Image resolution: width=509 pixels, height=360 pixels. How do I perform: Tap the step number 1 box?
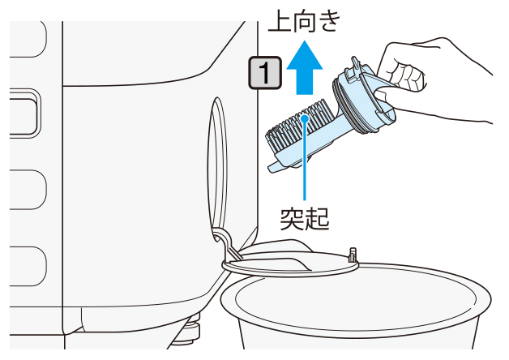tap(265, 73)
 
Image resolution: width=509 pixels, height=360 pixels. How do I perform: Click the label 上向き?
tap(304, 22)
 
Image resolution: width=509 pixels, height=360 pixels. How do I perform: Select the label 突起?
tap(305, 219)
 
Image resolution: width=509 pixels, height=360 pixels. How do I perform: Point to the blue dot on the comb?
tap(305, 118)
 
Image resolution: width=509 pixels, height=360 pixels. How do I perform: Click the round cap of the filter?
tap(364, 97)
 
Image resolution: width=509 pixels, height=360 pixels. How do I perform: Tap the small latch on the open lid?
tap(353, 255)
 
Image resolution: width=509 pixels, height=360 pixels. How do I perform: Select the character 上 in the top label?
tap(280, 22)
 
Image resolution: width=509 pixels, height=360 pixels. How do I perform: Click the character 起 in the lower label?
tap(317, 219)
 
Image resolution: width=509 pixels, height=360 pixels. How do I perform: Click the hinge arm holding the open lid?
tap(227, 243)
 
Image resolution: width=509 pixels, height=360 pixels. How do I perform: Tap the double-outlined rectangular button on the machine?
tap(24, 114)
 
